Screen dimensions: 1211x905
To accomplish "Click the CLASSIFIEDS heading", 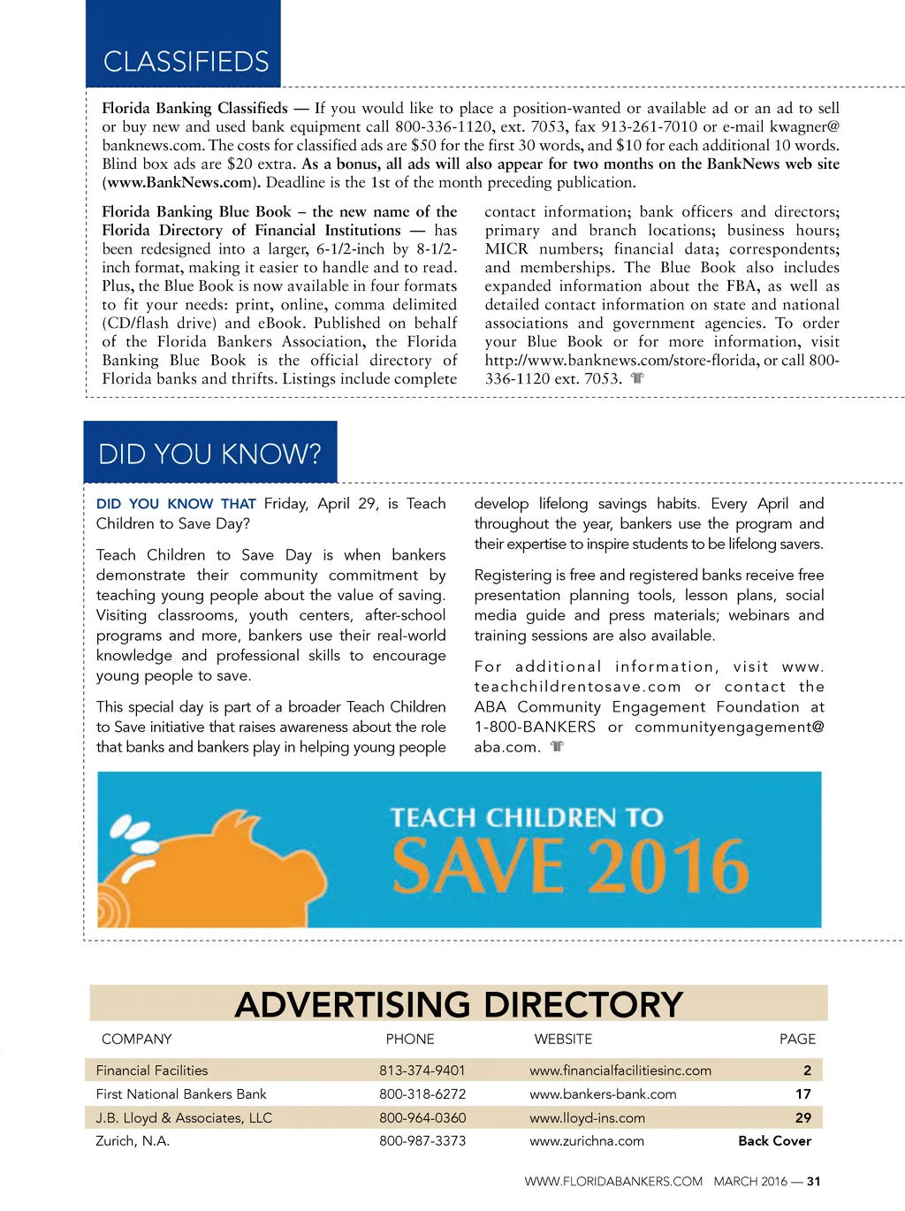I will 186,61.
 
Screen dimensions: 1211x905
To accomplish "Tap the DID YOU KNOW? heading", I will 209,453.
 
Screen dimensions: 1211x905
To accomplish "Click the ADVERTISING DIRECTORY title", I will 459,1004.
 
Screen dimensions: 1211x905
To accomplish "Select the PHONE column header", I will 410,1039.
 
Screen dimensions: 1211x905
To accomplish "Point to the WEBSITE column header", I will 563,1039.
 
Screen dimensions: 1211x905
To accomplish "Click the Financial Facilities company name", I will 152,1070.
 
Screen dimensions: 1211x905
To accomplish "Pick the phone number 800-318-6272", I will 422,1094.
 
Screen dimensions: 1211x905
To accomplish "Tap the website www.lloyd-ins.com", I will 587,1118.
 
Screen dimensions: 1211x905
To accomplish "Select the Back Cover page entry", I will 774,1141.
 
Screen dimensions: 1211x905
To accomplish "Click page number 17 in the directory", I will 802,1094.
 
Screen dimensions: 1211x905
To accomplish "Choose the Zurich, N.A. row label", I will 133,1141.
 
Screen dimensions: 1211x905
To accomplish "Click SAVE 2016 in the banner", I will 570,866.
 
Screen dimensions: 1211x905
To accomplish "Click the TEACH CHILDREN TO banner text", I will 527,817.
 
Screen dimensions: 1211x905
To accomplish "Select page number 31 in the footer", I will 813,1181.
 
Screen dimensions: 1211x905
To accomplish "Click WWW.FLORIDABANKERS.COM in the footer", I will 613,1181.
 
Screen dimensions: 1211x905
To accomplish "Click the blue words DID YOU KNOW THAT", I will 176,504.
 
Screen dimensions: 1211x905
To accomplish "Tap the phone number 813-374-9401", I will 422,1070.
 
